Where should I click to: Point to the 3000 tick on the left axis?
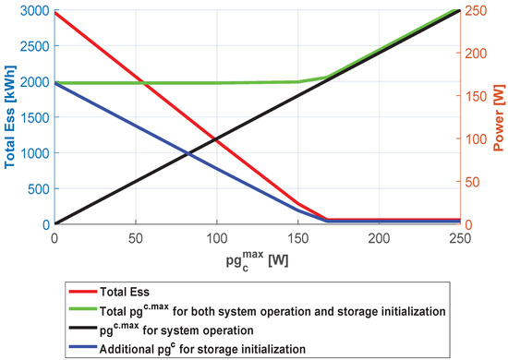34,10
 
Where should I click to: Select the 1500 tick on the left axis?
34,117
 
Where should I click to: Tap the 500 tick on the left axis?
38,189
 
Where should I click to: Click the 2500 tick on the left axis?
34,46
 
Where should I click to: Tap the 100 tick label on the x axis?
216,237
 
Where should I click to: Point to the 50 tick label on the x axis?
135,237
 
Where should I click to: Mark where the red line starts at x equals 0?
54,13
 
